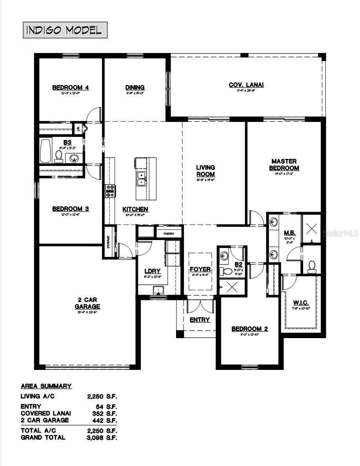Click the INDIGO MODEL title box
65,30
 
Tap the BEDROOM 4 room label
71,87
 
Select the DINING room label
135,87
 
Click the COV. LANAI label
246,85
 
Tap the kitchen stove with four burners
110,191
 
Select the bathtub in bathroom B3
45,151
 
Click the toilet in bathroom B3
59,157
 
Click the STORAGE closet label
109,242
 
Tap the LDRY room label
152,271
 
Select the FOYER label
200,269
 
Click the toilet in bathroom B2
227,271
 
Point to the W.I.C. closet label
302,303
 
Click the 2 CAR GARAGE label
87,303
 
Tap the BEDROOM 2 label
249,329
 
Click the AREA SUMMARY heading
46,386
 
